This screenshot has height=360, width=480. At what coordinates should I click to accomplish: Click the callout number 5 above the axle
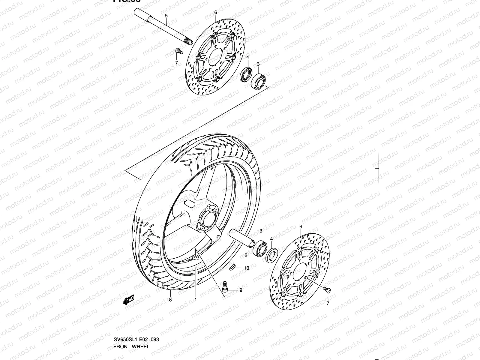tap(166, 15)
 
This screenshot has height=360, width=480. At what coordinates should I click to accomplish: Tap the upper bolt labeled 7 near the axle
tap(178, 51)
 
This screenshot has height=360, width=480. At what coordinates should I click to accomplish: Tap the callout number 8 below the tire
tap(170, 299)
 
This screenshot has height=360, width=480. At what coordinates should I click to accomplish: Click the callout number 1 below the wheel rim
tap(196, 299)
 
